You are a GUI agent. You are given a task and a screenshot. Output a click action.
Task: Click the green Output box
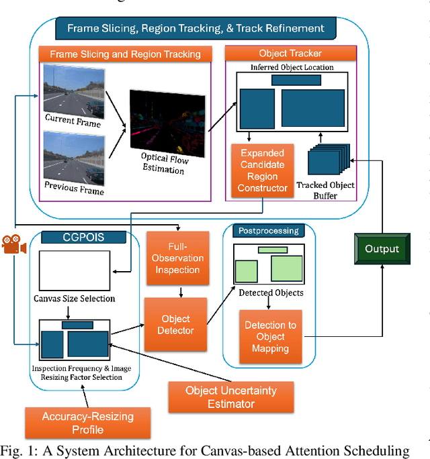[382, 248]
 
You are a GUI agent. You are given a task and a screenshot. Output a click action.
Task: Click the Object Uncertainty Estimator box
[230, 397]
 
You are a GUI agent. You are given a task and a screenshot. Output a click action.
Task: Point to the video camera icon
[13, 245]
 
